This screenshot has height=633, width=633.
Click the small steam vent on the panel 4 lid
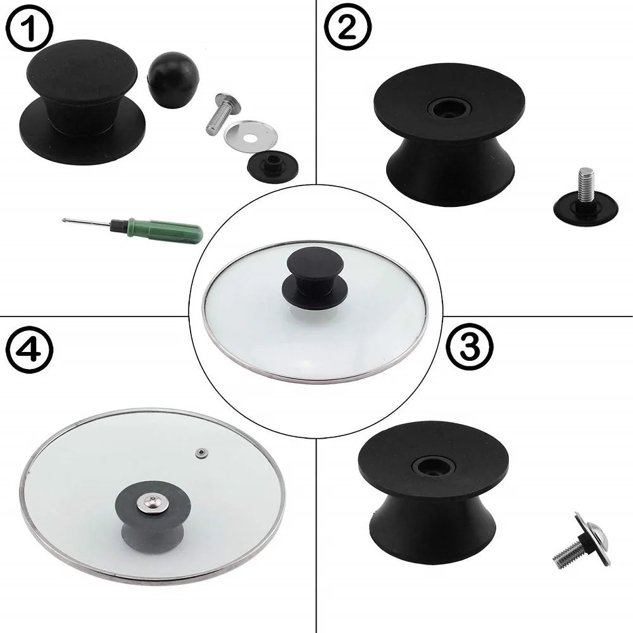tap(201, 452)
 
